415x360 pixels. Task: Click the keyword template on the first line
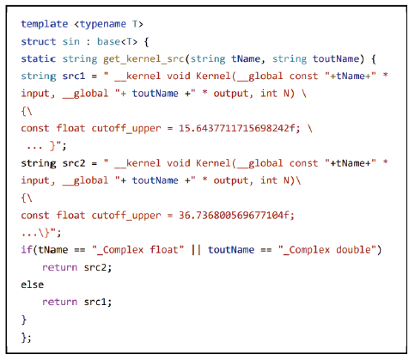(x=45, y=24)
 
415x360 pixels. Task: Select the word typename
(x=103, y=24)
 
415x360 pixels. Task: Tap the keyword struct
(x=39, y=41)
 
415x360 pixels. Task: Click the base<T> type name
(x=117, y=41)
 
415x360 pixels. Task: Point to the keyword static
(x=39, y=58)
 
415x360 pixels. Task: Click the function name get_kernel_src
(x=143, y=59)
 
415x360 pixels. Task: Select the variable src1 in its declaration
(x=74, y=76)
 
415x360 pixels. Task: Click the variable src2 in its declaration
(x=74, y=163)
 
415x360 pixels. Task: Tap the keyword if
(x=27, y=249)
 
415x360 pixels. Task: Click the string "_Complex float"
(x=137, y=250)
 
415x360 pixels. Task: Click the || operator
(x=196, y=250)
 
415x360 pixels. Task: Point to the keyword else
(x=33, y=284)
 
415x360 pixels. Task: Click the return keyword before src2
(x=60, y=267)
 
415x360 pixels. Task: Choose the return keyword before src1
(x=60, y=302)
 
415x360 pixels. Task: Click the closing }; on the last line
(x=26, y=338)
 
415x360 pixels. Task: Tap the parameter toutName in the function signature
(x=336, y=58)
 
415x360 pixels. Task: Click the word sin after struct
(x=71, y=41)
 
